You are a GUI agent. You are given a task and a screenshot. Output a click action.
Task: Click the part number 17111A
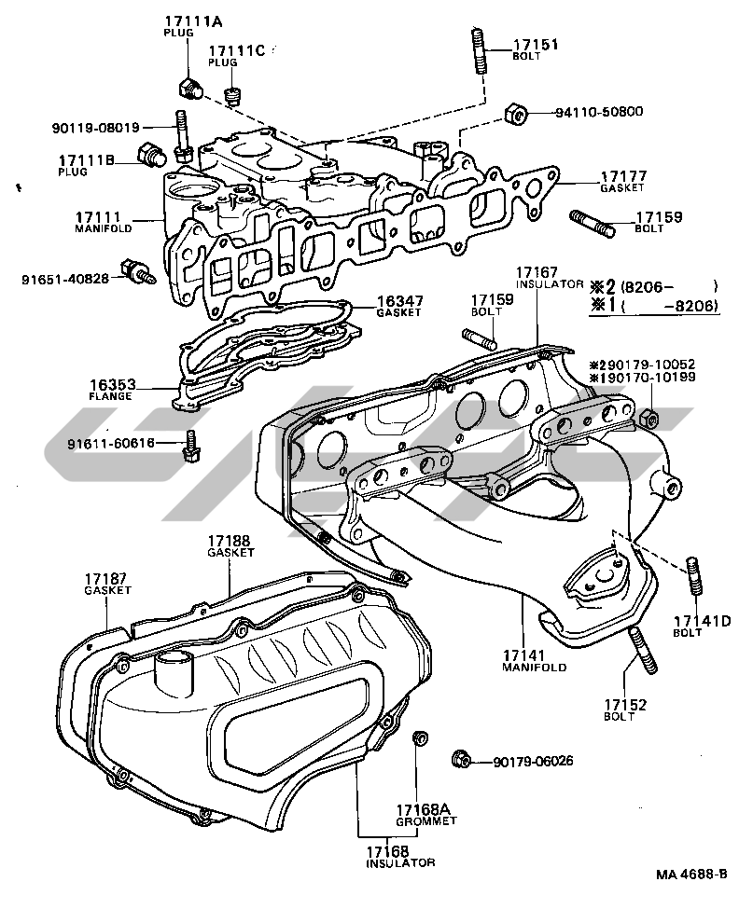pos(188,21)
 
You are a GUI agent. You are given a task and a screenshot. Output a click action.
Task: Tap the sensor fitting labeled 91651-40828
pos(143,274)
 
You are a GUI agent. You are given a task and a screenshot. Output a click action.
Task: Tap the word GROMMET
pos(425,821)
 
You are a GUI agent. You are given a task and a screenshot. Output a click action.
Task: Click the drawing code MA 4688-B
pos(690,875)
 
